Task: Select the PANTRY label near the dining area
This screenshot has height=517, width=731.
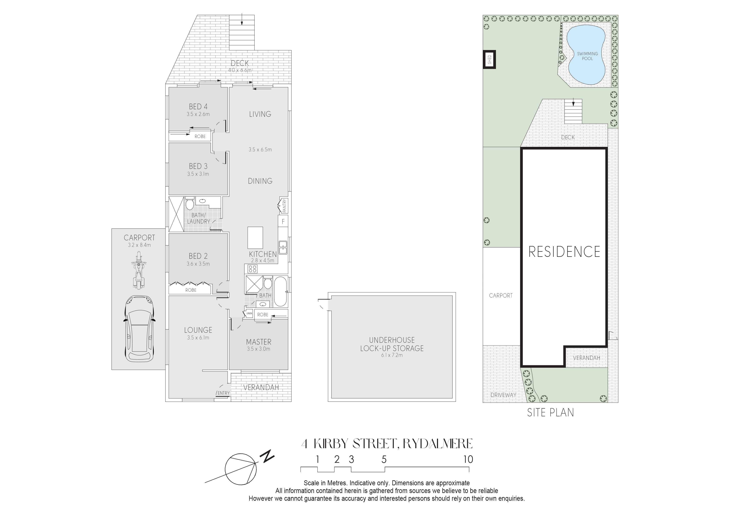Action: pyautogui.click(x=284, y=206)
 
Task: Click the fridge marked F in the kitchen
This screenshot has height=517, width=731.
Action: pyautogui.click(x=283, y=221)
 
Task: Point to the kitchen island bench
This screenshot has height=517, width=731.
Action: pyautogui.click(x=255, y=238)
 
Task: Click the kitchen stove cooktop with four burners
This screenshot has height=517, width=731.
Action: pyautogui.click(x=253, y=269)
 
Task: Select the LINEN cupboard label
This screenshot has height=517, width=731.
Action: pyautogui.click(x=249, y=314)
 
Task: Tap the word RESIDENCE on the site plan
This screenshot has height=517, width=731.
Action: pyautogui.click(x=564, y=252)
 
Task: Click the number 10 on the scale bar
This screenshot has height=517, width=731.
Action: pyautogui.click(x=468, y=459)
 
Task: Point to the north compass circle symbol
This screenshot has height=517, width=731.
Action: pyautogui.click(x=241, y=469)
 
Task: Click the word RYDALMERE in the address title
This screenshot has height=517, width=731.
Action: pyautogui.click(x=438, y=443)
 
